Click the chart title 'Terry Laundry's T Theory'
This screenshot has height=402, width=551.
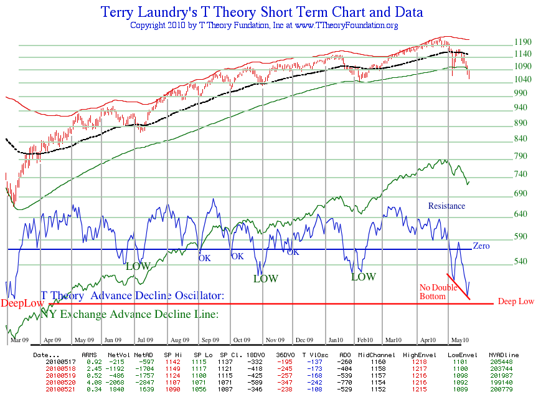pyautogui.click(x=261, y=12)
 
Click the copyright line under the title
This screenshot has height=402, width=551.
pyautogui.click(x=264, y=26)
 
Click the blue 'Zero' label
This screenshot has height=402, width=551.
pyautogui.click(x=481, y=246)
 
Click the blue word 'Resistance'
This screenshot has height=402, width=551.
pyautogui.click(x=446, y=206)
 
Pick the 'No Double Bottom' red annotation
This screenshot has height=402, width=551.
pyautogui.click(x=434, y=292)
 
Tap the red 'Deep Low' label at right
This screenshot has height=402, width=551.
pyautogui.click(x=516, y=302)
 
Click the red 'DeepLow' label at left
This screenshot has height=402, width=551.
pyautogui.click(x=22, y=304)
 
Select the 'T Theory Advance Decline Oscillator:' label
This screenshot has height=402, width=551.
pyautogui.click(x=132, y=295)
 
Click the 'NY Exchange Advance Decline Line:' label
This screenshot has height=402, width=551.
pyautogui.click(x=130, y=314)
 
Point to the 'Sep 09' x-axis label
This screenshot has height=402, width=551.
pyautogui.click(x=210, y=340)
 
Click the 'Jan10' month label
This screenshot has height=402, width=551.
pyautogui.click(x=337, y=340)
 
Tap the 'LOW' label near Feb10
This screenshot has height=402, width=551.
pyautogui.click(x=364, y=277)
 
